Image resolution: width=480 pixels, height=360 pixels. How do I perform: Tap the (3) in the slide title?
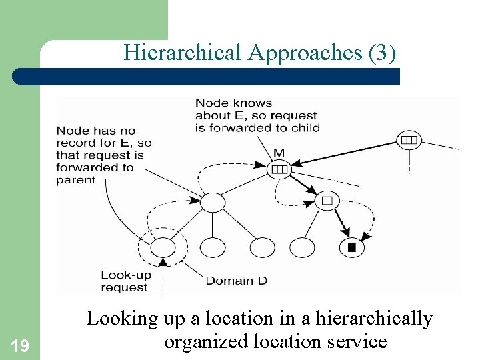[x=382, y=53]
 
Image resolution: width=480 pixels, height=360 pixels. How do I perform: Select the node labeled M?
[x=279, y=169]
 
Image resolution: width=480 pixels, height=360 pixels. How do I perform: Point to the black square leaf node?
[x=352, y=248]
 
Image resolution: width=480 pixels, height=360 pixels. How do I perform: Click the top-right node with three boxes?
[x=409, y=140]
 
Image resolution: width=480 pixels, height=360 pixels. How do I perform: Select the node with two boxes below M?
[x=327, y=199]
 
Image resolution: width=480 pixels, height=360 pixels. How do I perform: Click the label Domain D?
[x=236, y=281]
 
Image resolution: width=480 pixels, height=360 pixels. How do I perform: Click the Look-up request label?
[x=125, y=281]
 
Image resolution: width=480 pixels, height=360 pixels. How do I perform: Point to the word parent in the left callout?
[x=76, y=180]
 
